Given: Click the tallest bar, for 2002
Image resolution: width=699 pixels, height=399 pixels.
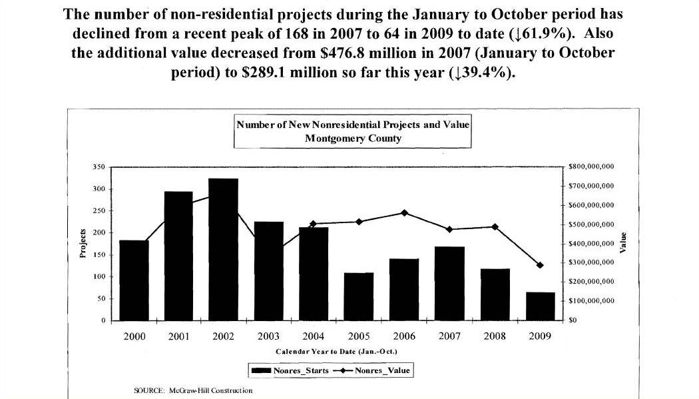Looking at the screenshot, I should pos(223,250).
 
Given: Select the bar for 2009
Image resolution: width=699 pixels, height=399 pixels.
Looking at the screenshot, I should pos(540,306).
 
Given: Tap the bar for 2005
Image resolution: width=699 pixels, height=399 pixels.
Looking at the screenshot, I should pos(359,296).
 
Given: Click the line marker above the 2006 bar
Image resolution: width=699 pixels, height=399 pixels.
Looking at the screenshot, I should pos(404,213).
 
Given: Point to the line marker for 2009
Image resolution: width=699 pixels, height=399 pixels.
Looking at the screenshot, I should pos(540,265).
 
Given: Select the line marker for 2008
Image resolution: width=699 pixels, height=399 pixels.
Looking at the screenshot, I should pos(495,226).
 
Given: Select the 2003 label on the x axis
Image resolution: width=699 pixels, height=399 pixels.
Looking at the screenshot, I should pos(268,337).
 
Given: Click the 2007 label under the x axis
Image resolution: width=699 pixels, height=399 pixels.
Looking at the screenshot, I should pos(449,337).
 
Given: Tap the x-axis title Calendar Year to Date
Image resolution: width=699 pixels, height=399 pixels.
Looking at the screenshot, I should pos(336,351).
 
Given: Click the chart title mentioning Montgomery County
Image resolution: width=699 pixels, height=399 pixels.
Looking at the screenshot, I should pos(353,131).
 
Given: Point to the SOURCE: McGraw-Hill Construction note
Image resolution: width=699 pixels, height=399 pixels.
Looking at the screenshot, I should pos(193,390).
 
